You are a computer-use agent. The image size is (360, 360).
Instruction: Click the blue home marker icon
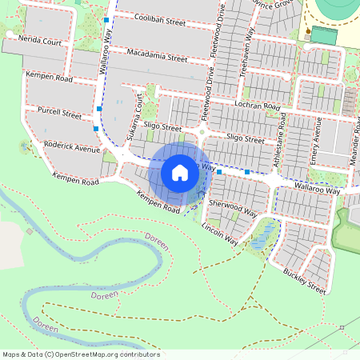(x=180, y=172)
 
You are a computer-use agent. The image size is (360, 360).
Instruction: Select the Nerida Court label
(x=34, y=40)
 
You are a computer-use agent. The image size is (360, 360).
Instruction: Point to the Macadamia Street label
(x=157, y=56)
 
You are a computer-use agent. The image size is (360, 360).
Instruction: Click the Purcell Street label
(x=54, y=114)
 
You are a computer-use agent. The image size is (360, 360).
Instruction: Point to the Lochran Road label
(x=256, y=106)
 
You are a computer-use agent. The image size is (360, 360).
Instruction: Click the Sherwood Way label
(x=232, y=208)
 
